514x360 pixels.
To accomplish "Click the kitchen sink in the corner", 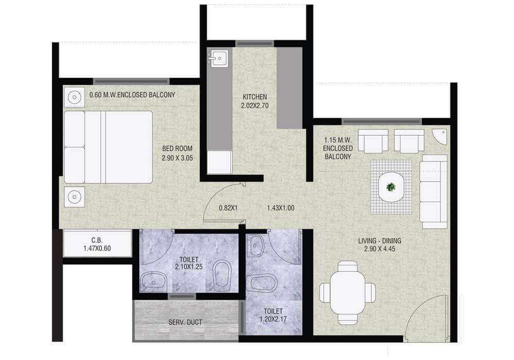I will [x=218, y=59].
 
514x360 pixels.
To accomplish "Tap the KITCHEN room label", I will [x=255, y=97].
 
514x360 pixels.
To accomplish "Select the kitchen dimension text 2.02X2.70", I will [x=255, y=106].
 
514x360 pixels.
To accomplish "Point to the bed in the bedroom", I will [x=108, y=147].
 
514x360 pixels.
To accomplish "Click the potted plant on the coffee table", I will [x=392, y=187].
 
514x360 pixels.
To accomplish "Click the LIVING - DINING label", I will [x=379, y=240].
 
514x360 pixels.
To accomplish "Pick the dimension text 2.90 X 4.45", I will [x=379, y=249].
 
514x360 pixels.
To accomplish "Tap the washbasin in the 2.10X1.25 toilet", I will [x=153, y=281].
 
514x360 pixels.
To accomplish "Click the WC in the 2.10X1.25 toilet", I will [x=222, y=274].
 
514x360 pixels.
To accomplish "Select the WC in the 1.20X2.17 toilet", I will [x=263, y=283].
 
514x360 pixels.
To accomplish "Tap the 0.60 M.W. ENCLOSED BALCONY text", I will [x=132, y=95].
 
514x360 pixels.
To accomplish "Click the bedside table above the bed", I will [x=75, y=97].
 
